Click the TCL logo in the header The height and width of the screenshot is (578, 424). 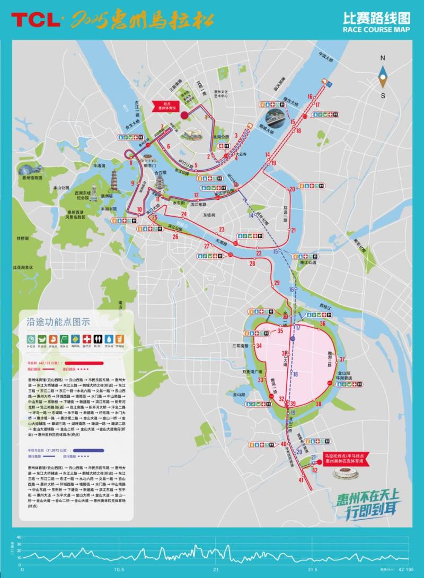click(x=36, y=20)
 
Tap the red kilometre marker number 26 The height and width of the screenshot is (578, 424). click(x=175, y=237)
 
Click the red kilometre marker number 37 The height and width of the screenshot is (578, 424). click(x=342, y=359)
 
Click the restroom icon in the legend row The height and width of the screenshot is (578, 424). click(x=97, y=338)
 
